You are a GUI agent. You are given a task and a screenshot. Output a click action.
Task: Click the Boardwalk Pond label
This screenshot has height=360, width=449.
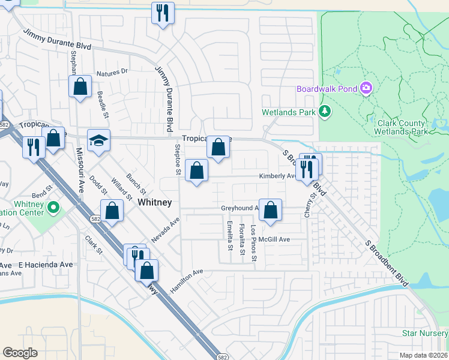pos(327,89)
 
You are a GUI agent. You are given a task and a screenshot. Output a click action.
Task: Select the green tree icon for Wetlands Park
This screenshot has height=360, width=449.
pos(325,111)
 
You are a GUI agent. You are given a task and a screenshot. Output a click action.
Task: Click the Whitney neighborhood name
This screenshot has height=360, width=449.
pos(155,203)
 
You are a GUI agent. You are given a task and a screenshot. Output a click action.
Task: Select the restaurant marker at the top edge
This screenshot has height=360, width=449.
pos(162,13)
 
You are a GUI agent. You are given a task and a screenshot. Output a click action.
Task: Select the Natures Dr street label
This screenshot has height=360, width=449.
pos(116,71)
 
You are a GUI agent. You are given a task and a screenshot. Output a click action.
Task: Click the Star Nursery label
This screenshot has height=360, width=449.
pos(425,332)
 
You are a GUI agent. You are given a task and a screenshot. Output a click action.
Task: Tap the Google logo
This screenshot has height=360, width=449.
pos(20,353)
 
